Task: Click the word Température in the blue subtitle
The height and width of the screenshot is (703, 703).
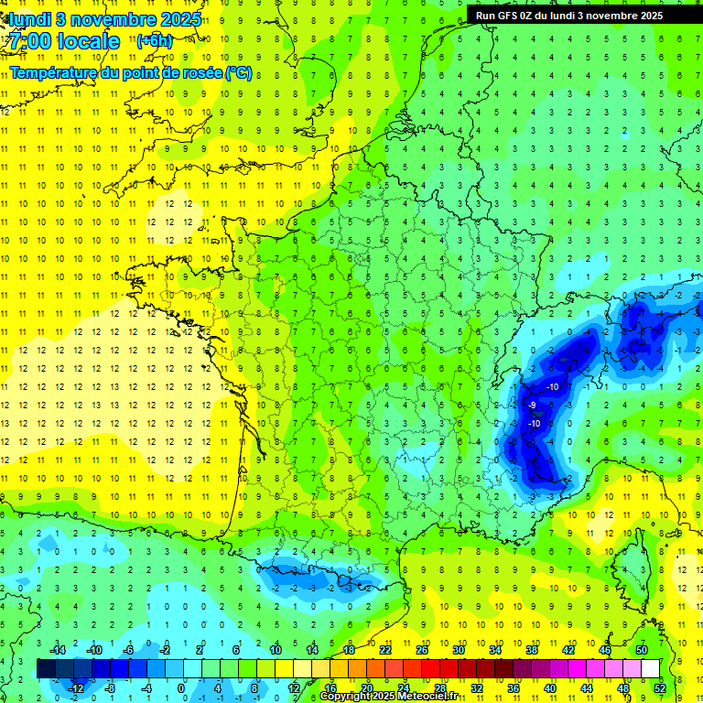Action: pos(54,72)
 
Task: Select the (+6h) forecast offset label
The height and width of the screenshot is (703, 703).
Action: pos(153,41)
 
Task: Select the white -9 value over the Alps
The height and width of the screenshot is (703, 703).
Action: pos(532,405)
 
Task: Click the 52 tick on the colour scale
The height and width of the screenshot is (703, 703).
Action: pos(660,687)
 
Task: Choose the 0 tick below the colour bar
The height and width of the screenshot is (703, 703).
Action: pos(181,687)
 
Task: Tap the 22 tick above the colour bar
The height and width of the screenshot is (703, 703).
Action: pos(385,650)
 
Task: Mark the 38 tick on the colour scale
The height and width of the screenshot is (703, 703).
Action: pos(532,650)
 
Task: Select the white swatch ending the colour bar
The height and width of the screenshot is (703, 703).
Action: pos(650,668)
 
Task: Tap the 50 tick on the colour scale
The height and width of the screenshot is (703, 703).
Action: pos(642,650)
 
